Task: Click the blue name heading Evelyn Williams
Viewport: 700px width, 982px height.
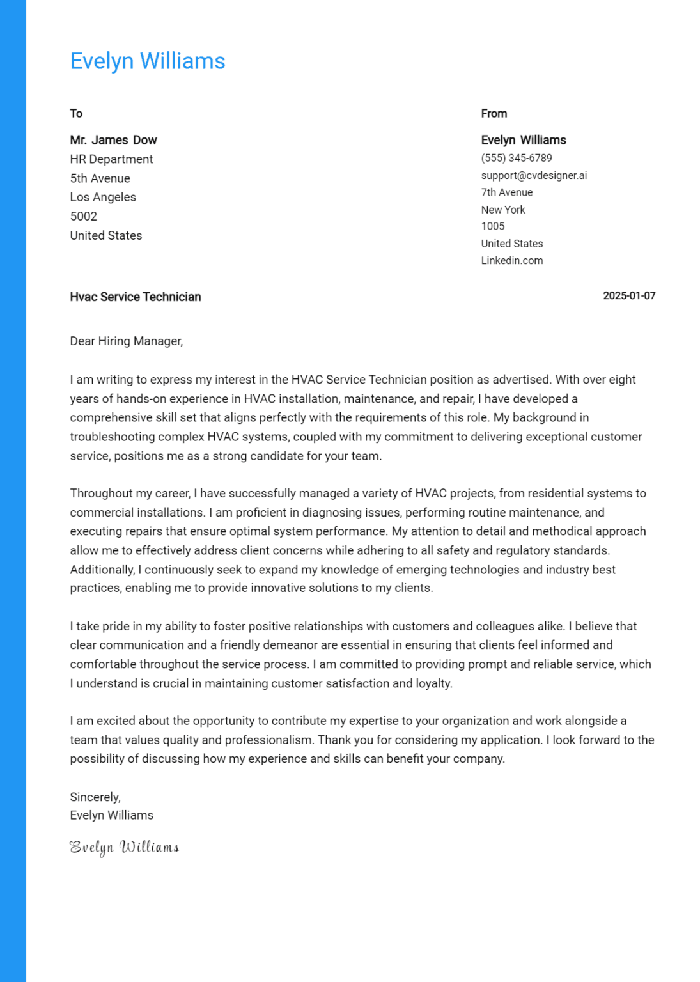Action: click(x=147, y=61)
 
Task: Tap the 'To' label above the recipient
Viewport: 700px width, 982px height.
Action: click(x=76, y=114)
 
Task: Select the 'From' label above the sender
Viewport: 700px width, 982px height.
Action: click(x=494, y=114)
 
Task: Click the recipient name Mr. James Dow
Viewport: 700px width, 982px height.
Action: click(x=113, y=140)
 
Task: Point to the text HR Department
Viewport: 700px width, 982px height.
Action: click(x=111, y=159)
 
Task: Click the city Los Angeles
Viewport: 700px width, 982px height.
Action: click(x=103, y=197)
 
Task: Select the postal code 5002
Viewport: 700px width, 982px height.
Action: click(x=84, y=216)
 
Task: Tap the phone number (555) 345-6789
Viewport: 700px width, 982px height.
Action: click(x=516, y=158)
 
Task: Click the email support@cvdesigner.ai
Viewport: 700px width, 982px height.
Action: click(x=533, y=175)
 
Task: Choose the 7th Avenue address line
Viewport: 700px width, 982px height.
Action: click(x=506, y=192)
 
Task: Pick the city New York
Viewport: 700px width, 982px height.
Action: click(x=502, y=210)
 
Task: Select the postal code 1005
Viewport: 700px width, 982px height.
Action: click(x=492, y=226)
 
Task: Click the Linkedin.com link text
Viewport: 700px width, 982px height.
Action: click(x=511, y=261)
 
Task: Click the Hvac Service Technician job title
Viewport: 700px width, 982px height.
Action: click(x=136, y=297)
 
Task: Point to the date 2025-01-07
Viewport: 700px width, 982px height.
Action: click(x=629, y=296)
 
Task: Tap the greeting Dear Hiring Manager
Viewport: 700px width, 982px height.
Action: click(x=126, y=341)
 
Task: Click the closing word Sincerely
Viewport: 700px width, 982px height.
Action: click(x=95, y=797)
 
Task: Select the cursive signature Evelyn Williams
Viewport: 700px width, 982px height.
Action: click(x=124, y=847)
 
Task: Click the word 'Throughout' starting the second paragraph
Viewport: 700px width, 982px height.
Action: click(x=98, y=494)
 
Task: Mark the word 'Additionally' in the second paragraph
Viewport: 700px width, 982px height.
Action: click(x=102, y=570)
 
